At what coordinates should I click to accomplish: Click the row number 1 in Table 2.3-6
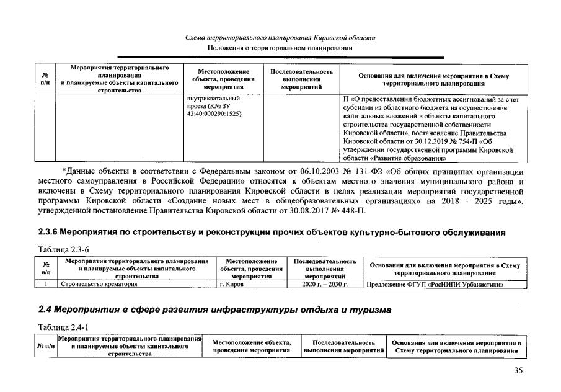pyautogui.click(x=46, y=285)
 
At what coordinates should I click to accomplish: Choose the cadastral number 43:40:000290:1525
pyautogui.click(x=214, y=115)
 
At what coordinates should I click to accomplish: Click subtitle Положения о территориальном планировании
pyautogui.click(x=280, y=47)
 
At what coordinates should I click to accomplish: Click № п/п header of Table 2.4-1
pyautogui.click(x=46, y=345)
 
